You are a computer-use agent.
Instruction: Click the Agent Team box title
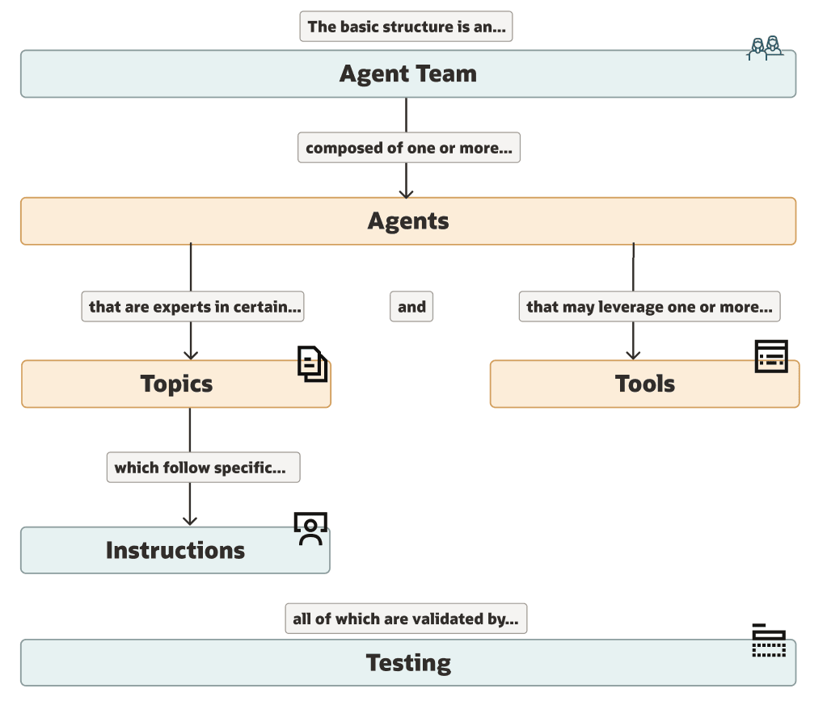pyautogui.click(x=407, y=73)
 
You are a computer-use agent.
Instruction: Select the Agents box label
pyautogui.click(x=407, y=220)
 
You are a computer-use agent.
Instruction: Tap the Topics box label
pyautogui.click(x=176, y=384)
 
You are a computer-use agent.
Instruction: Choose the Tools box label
pyautogui.click(x=644, y=384)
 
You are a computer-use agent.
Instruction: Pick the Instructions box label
pyautogui.click(x=175, y=551)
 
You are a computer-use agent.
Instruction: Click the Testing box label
pyautogui.click(x=407, y=663)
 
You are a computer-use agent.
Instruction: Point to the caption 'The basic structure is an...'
pyautogui.click(x=406, y=27)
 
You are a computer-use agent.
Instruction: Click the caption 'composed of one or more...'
pyautogui.click(x=408, y=149)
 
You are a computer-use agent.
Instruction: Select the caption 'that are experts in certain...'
pyautogui.click(x=193, y=307)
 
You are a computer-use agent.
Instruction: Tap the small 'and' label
pyautogui.click(x=411, y=307)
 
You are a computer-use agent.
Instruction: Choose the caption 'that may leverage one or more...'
pyautogui.click(x=649, y=307)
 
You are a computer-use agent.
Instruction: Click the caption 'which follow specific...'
pyautogui.click(x=203, y=468)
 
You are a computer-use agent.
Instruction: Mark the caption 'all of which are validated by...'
pyautogui.click(x=406, y=619)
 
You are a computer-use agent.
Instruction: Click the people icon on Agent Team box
pyautogui.click(x=765, y=48)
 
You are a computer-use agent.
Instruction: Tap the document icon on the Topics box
pyautogui.click(x=313, y=363)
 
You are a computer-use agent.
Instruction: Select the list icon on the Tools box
pyautogui.click(x=771, y=356)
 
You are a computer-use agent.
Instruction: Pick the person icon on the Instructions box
pyautogui.click(x=310, y=529)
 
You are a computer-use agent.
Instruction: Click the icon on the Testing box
pyautogui.click(x=769, y=640)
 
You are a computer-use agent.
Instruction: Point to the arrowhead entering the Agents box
pyautogui.click(x=406, y=193)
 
